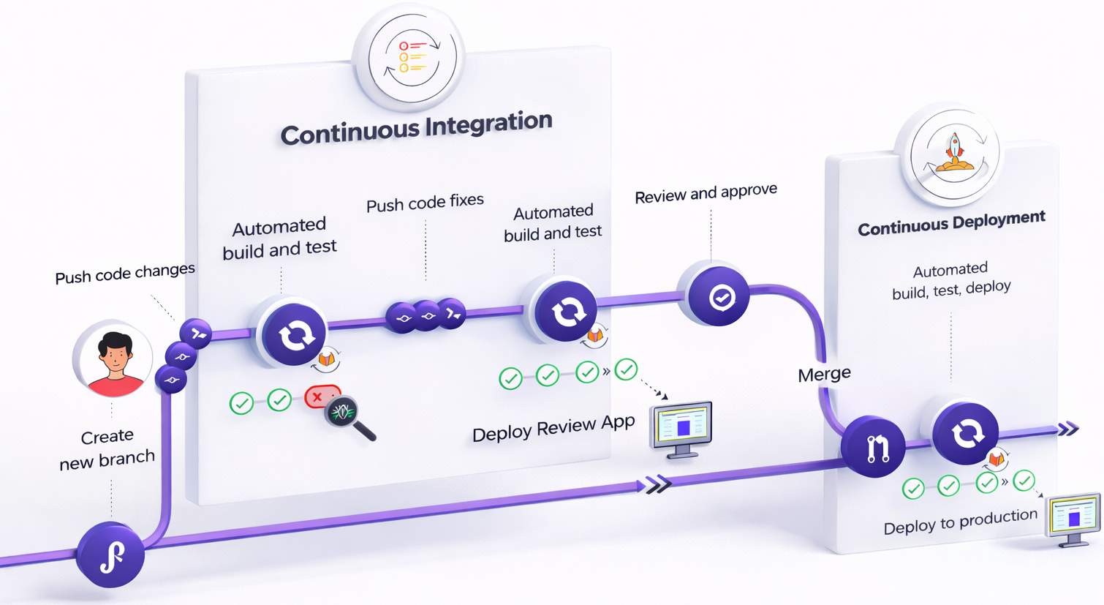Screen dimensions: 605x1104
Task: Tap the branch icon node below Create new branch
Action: pyautogui.click(x=110, y=555)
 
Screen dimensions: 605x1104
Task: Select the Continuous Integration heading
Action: pyautogui.click(x=416, y=129)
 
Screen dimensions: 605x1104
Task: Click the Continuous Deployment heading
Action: pyautogui.click(x=951, y=223)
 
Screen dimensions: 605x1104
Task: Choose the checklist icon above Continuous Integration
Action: pyautogui.click(x=412, y=57)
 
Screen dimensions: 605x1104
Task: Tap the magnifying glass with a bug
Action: pyautogui.click(x=347, y=415)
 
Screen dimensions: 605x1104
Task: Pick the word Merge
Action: pyautogui.click(x=824, y=375)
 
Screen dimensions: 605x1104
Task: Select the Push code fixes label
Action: pyautogui.click(x=425, y=203)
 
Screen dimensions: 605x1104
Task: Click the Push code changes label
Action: pyautogui.click(x=125, y=274)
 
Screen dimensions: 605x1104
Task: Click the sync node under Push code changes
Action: pyautogui.click(x=293, y=334)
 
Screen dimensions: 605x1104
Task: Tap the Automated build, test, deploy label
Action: pyautogui.click(x=951, y=280)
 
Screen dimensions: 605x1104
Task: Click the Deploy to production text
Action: pyautogui.click(x=960, y=522)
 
